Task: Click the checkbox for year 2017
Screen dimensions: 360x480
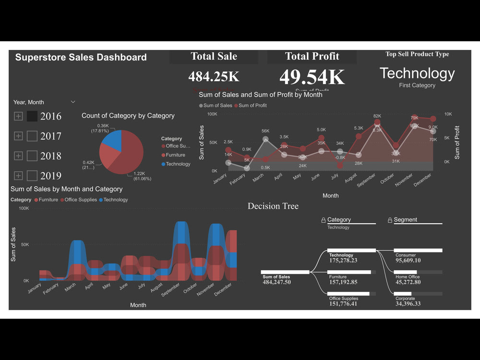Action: (32, 136)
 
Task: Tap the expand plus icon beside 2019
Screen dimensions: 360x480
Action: (18, 176)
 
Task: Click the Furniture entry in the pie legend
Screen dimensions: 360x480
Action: (175, 155)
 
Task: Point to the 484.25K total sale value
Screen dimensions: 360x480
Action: (214, 76)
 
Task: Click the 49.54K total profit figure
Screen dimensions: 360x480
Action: (312, 77)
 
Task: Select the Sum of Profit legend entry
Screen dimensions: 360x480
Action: (252, 106)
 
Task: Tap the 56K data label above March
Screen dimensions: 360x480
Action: (265, 131)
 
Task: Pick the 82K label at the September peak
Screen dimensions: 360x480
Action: (377, 116)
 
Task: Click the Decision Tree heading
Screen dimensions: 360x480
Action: (273, 206)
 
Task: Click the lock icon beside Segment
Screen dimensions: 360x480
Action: (390, 220)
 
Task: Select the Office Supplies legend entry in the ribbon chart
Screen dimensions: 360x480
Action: (80, 200)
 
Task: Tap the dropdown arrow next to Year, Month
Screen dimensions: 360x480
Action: (73, 102)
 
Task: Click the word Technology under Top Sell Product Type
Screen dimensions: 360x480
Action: (417, 73)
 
